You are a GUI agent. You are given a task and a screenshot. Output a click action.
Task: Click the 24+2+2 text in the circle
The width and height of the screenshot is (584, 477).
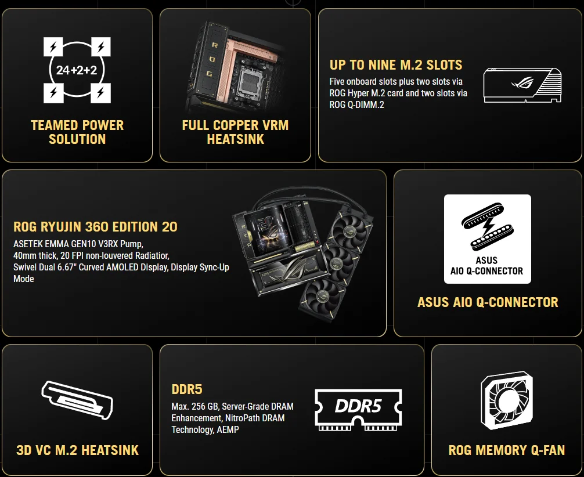(x=77, y=70)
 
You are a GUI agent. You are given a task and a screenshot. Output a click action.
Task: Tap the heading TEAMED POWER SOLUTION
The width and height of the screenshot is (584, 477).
(x=77, y=132)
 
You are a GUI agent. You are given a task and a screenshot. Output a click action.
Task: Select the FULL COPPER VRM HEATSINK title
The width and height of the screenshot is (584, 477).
(x=235, y=132)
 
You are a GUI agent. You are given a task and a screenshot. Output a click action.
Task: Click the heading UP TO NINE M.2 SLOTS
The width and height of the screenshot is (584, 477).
(x=396, y=65)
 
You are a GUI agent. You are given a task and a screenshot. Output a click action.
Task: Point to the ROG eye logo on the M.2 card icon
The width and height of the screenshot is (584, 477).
(x=522, y=82)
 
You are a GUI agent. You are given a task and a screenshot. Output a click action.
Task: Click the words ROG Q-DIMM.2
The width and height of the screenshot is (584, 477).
(x=357, y=104)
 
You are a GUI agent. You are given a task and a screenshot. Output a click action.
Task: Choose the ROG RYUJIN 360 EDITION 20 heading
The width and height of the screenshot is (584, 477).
(x=95, y=227)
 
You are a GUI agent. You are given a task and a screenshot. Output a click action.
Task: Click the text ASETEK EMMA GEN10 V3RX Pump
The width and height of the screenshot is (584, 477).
(x=78, y=244)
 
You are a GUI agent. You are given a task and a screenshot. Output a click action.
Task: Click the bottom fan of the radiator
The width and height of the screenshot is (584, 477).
(x=323, y=296)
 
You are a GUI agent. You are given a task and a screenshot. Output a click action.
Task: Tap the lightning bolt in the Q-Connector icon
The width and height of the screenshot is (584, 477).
(x=488, y=227)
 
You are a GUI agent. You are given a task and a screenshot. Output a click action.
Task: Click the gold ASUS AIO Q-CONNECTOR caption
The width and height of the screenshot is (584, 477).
(x=488, y=302)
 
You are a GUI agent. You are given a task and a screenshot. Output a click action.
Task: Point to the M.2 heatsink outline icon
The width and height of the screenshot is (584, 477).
(x=77, y=400)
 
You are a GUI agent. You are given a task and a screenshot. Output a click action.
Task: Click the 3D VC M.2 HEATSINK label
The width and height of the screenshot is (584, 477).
(x=77, y=450)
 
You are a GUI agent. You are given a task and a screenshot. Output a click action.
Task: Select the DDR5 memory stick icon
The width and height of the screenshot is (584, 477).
(x=358, y=410)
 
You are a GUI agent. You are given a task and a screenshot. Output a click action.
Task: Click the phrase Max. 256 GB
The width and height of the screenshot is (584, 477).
(x=193, y=406)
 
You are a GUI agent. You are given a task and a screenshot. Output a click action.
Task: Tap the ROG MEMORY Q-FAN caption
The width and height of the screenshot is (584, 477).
(x=507, y=450)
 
